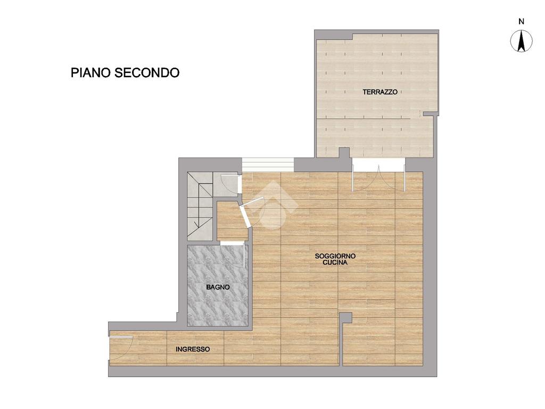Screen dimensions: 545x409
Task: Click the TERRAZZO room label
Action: (380, 92)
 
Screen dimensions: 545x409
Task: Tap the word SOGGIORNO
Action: (335, 256)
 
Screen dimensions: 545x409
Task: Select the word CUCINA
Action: (335, 263)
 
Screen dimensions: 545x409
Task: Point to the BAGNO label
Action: (218, 287)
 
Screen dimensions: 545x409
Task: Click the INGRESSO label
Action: (193, 349)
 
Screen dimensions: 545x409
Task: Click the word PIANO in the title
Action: (91, 72)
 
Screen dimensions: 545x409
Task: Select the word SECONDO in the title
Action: (147, 72)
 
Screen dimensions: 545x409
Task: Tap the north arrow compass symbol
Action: (521, 41)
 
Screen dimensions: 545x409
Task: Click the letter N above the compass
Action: (522, 21)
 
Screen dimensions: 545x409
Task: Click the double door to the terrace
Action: (378, 178)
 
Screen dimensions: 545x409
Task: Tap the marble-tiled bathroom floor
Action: (218, 285)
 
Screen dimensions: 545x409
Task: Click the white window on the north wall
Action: (268, 165)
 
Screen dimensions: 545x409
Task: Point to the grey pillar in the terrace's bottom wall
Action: (344, 152)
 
